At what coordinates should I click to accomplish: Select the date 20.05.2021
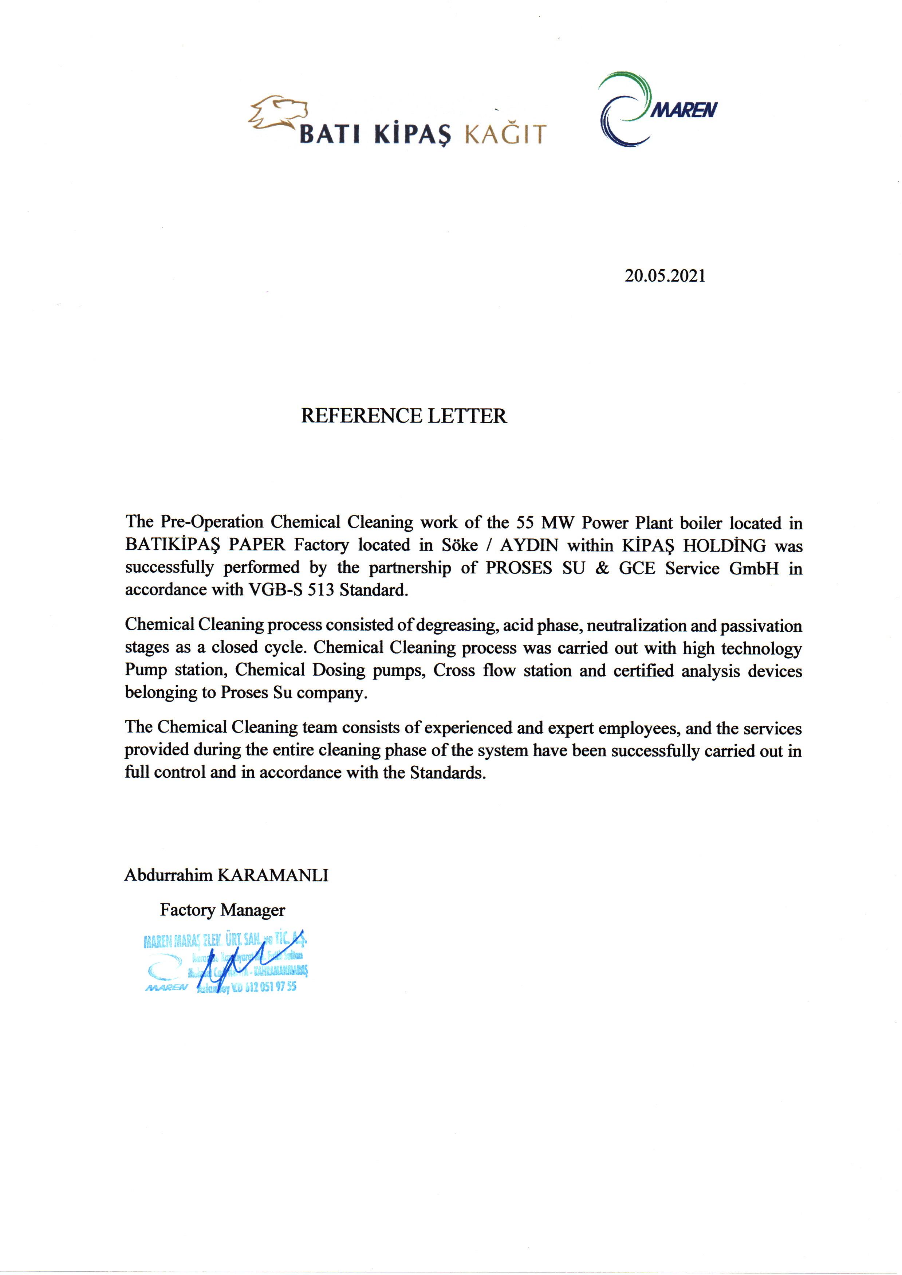point(665,276)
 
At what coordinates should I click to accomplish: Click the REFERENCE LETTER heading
point(404,416)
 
